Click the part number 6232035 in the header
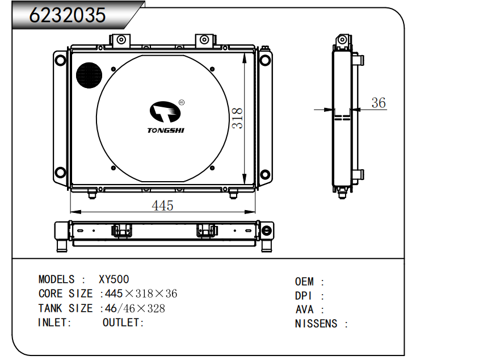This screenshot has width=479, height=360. click(x=68, y=15)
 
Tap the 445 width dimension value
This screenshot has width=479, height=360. click(x=162, y=206)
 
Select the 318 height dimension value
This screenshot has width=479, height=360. click(x=237, y=118)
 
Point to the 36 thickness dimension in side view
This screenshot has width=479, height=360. click(x=379, y=103)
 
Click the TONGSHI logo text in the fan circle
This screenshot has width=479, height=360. click(x=166, y=131)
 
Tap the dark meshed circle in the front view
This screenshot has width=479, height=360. click(x=89, y=76)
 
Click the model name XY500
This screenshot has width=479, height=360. click(x=114, y=279)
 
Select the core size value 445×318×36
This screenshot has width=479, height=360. click(x=141, y=294)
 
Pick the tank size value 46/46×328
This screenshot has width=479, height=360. click(x=135, y=308)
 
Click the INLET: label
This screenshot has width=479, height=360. click(x=54, y=323)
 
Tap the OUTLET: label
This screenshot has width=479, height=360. click(x=123, y=323)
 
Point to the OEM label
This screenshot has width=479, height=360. click(x=304, y=282)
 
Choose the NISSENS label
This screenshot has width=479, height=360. click(x=316, y=324)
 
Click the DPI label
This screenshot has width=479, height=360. click(x=304, y=296)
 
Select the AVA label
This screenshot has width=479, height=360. click(x=305, y=309)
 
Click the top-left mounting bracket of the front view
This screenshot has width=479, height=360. click(x=121, y=41)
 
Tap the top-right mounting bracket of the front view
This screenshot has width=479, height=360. click(x=205, y=41)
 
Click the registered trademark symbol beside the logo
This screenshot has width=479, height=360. click(x=182, y=103)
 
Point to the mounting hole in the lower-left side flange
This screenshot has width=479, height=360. click(x=60, y=173)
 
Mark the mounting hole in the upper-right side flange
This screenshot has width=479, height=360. click(x=265, y=60)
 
